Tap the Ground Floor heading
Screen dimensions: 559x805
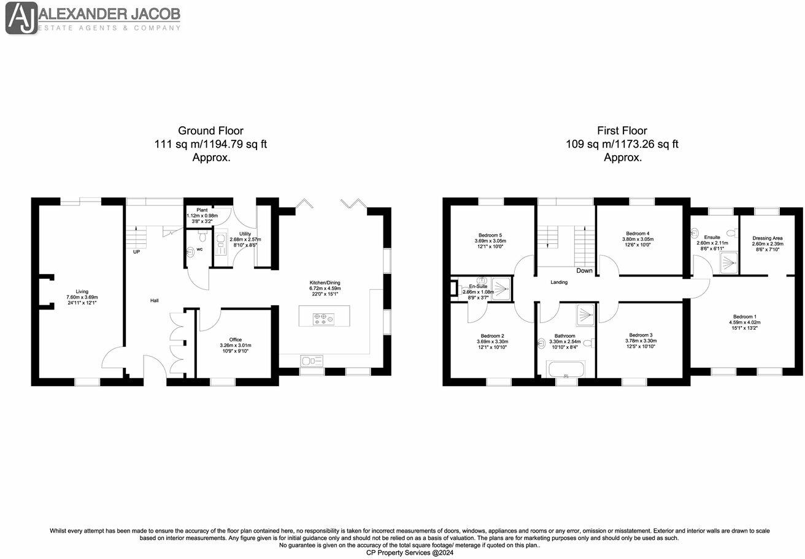[210, 131]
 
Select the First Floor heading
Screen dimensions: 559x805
[622, 131]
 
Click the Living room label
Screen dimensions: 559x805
[82, 292]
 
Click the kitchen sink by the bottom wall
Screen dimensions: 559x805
[310, 360]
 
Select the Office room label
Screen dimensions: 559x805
[236, 340]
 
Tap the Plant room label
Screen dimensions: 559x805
[202, 210]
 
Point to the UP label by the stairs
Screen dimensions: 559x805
[136, 251]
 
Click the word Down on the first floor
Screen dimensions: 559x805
[585, 270]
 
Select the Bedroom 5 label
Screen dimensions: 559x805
[491, 235]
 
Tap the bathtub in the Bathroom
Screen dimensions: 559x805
[566, 370]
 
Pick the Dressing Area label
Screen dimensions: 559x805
[767, 237]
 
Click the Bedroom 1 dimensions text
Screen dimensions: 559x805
[742, 325]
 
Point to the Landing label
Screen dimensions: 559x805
[558, 283]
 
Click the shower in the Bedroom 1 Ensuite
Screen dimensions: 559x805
[727, 264]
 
